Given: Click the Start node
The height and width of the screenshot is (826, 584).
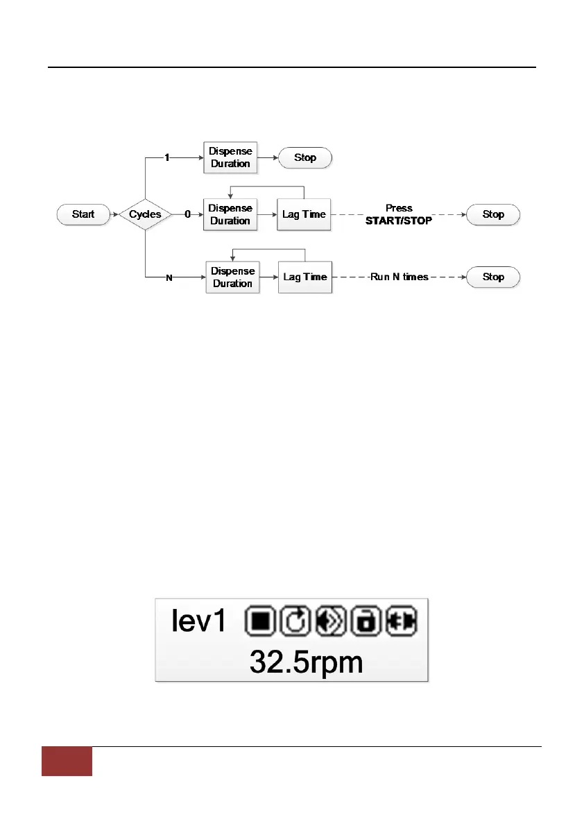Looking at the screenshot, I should [83, 214].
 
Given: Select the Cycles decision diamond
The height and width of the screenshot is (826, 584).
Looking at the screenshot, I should [145, 214].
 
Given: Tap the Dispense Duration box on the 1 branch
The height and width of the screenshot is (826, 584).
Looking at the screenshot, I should [230, 158].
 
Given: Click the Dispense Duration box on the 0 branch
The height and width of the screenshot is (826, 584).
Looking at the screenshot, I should [230, 215].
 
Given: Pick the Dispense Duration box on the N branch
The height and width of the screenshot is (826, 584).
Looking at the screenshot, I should [232, 277].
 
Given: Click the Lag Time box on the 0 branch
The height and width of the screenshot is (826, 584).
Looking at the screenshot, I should [304, 215].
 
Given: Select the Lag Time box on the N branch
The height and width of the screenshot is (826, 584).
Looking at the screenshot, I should [305, 277].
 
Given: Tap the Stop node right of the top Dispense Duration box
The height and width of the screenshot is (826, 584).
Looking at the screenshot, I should [305, 158].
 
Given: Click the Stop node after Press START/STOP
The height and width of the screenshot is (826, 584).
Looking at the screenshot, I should [493, 215].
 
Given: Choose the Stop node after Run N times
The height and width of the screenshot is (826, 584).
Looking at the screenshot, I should [493, 277].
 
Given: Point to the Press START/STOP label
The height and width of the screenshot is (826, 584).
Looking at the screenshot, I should [399, 214].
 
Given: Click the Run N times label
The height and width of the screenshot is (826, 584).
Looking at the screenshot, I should [399, 277].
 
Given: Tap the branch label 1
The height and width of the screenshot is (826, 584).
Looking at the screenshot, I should [167, 158].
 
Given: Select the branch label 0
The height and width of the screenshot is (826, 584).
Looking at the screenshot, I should [187, 215].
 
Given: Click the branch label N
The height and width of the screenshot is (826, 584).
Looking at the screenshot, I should [168, 277].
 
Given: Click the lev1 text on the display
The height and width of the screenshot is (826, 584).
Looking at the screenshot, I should [198, 621].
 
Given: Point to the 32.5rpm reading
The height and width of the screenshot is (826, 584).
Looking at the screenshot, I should [306, 662].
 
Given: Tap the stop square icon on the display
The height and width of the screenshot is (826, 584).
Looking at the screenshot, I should [261, 621].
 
